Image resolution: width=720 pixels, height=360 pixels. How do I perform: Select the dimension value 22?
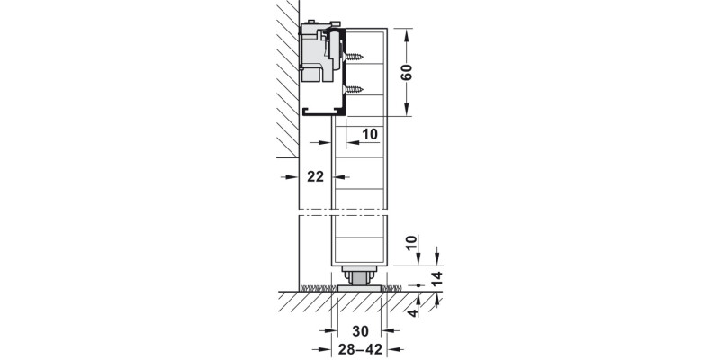[x=315, y=177]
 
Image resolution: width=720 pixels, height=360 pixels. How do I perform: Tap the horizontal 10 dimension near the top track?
[x=369, y=135]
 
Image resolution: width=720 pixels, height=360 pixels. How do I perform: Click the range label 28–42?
[x=359, y=348]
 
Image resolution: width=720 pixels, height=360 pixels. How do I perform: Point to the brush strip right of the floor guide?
[x=392, y=288]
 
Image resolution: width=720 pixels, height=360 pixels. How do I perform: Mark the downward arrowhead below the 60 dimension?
[x=407, y=112]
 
